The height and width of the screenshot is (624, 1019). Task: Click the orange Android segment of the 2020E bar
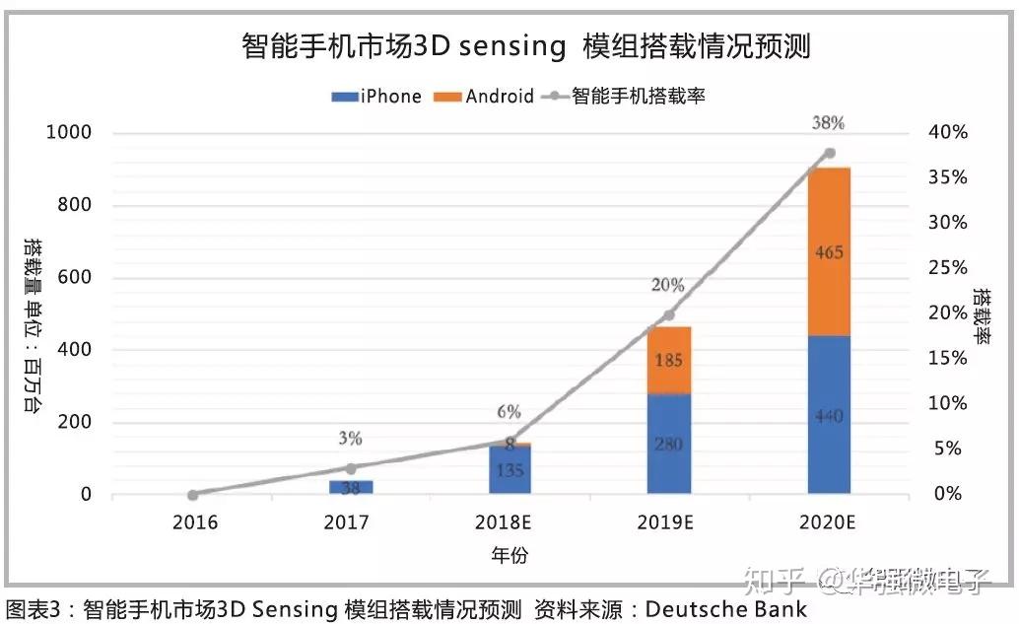point(829,251)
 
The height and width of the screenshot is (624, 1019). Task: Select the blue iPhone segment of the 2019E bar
point(669,444)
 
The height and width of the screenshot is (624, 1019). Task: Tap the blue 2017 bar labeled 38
point(351,487)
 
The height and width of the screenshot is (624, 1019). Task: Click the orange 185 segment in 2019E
point(669,360)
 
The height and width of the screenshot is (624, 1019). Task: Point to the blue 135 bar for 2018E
point(509,470)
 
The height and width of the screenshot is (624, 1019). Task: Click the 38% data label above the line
point(829,123)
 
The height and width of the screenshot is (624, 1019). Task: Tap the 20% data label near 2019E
point(667,285)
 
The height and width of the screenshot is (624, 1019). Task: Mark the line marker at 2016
point(193,494)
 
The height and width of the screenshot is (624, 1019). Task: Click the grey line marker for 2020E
point(829,153)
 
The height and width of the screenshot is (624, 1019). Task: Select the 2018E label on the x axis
point(511,522)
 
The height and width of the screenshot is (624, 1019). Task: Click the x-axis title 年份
point(509,555)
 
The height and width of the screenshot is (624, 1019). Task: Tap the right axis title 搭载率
point(982,314)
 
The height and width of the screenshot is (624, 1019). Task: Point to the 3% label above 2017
point(350,438)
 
